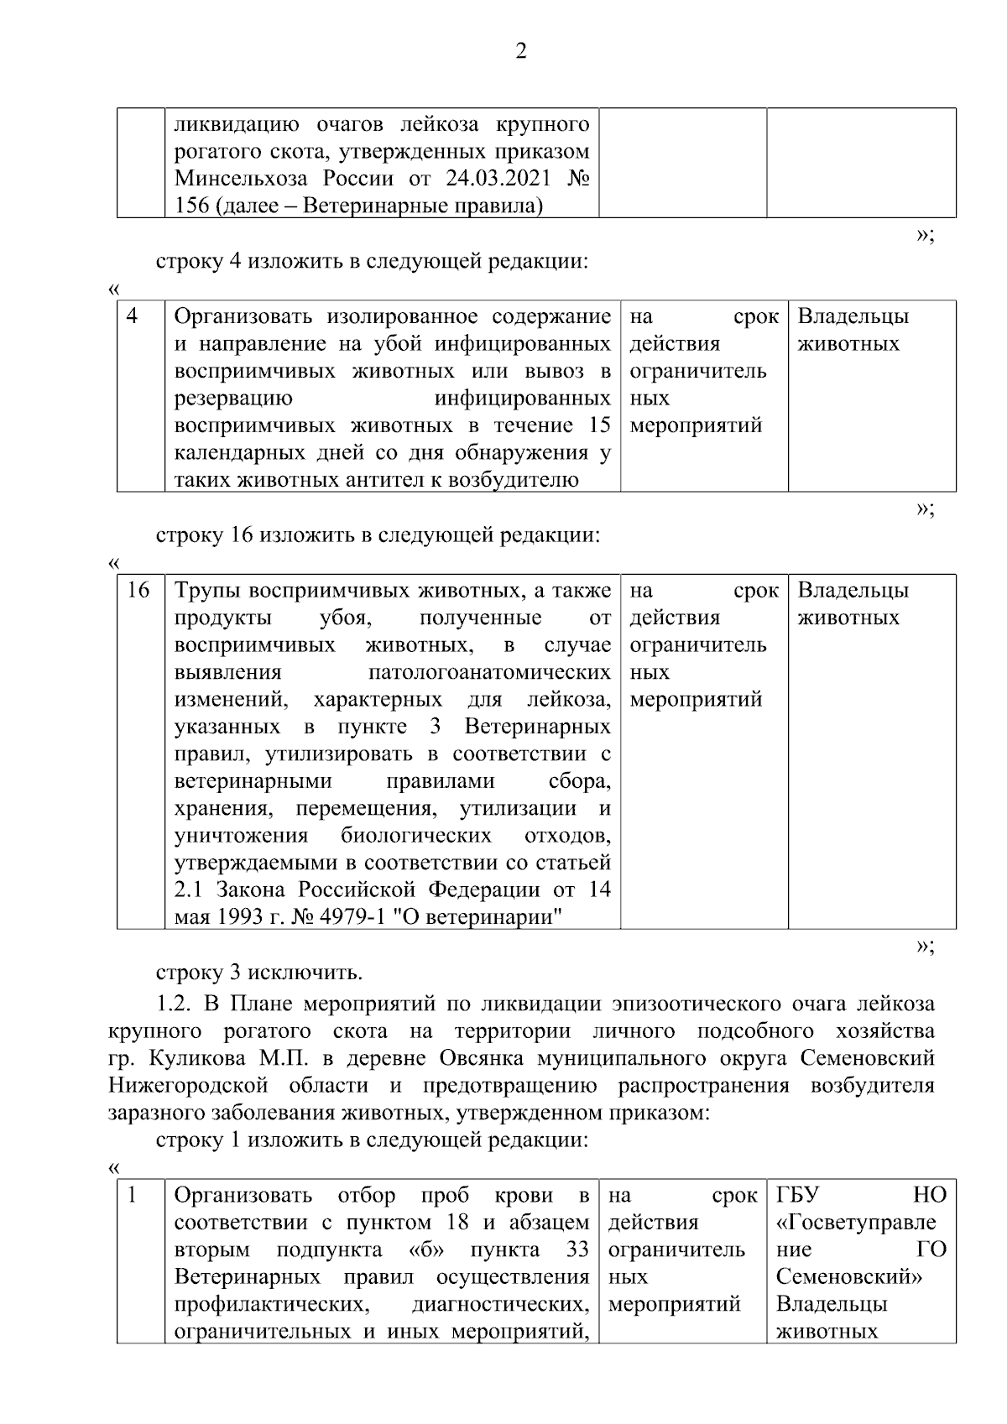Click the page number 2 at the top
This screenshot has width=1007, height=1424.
[520, 53]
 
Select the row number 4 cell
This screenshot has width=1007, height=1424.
[133, 316]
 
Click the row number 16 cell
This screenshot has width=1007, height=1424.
[138, 591]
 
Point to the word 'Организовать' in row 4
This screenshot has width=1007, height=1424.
[243, 317]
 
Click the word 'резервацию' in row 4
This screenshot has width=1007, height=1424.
[233, 399]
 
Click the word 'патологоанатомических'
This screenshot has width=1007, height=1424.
[489, 672]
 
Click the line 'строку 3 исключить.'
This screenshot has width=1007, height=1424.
[259, 973]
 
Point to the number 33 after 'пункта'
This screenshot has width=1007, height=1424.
[577, 1249]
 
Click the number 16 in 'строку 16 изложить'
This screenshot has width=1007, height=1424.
[243, 535]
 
